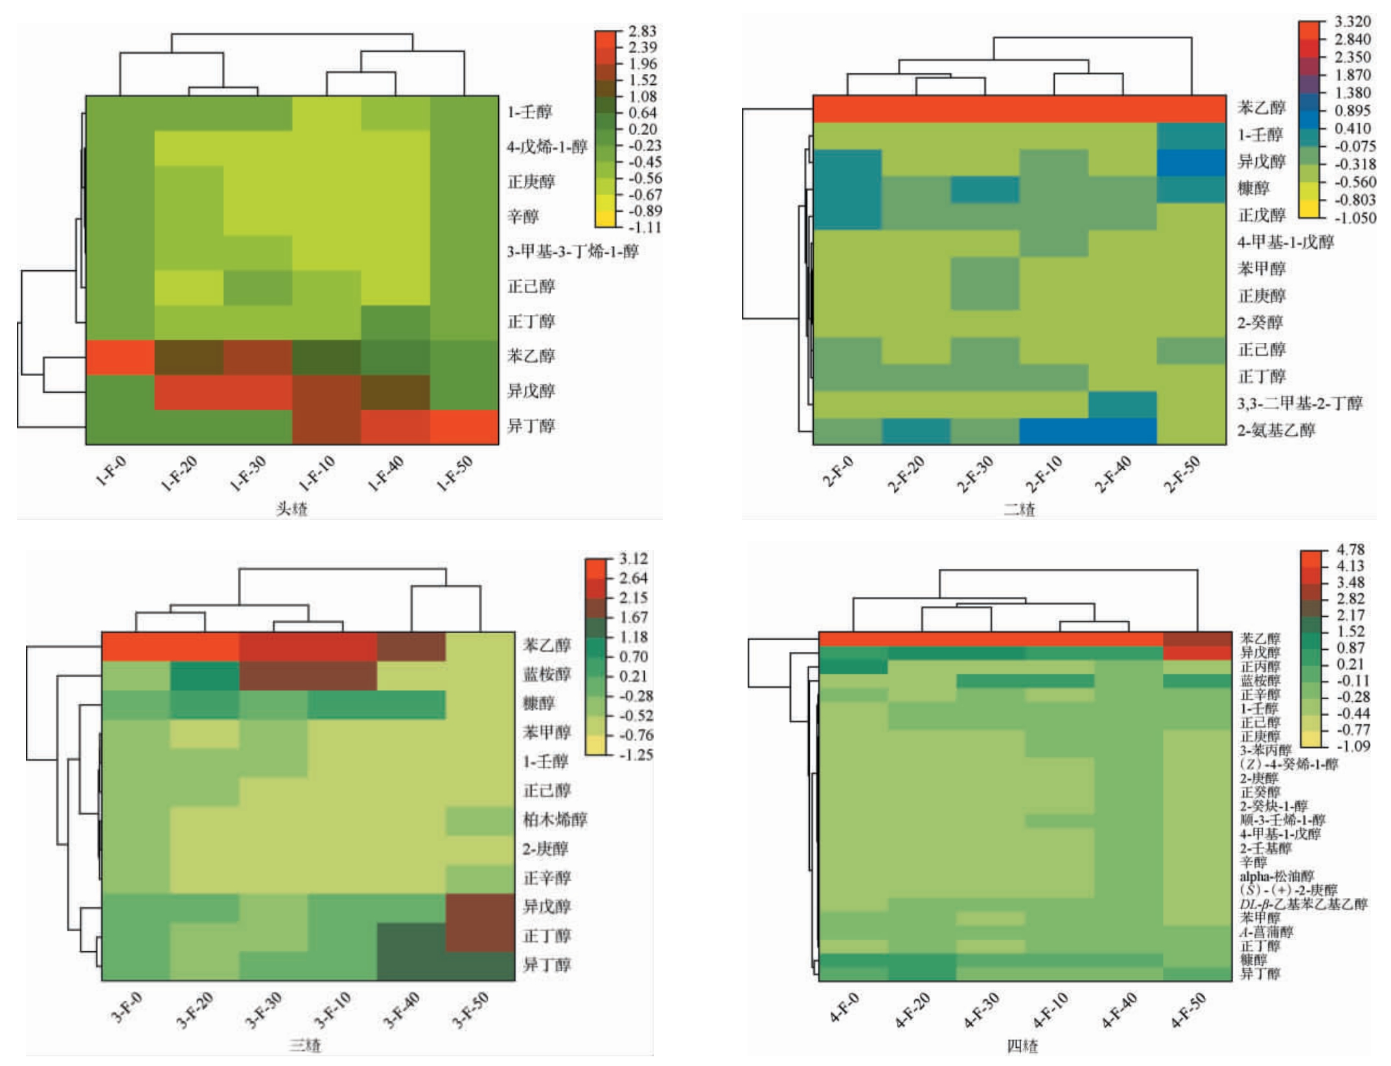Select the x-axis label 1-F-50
455,474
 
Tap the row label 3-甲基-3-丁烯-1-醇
573,251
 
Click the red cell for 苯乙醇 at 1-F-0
120,357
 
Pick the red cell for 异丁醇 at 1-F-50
464,426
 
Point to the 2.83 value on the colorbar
642,31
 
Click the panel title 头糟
292,509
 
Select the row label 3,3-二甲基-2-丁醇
1300,404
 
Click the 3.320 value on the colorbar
1353,22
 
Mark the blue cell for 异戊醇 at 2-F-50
1191,163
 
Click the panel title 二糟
1019,509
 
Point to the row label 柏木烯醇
555,820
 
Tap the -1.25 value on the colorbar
636,755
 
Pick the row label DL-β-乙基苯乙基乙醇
1304,904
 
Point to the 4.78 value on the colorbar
1350,550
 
